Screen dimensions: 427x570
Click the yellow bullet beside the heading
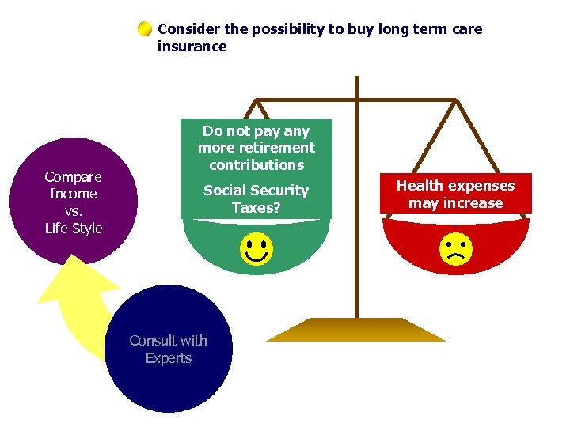pos(144,30)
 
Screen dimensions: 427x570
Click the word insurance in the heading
pos(192,47)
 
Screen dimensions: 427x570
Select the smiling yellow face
pos(256,249)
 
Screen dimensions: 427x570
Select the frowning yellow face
pos(456,249)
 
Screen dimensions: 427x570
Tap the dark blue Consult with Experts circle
pos(168,349)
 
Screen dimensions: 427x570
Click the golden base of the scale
pos(356,330)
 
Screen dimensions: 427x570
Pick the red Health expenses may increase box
pos(455,195)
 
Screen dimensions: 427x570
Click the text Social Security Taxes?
pos(256,198)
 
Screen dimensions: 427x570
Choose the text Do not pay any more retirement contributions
pos(256,148)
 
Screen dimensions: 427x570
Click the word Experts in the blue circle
pos(168,358)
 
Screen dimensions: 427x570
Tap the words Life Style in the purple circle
pos(74,229)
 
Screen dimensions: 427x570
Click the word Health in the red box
pos(420,186)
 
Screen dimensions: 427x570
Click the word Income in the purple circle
pos(74,194)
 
